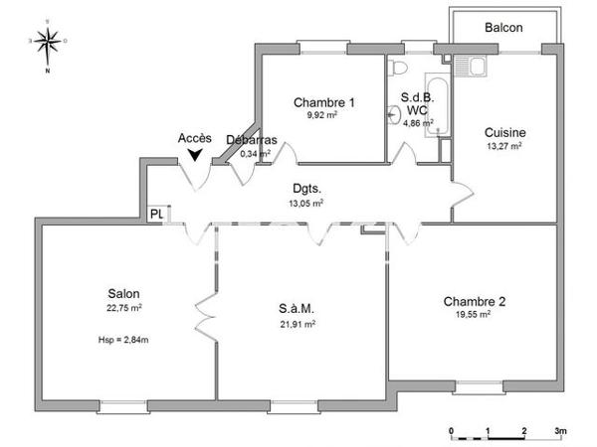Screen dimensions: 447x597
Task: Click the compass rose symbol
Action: (x=47, y=42)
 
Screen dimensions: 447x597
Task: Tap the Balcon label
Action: (x=503, y=28)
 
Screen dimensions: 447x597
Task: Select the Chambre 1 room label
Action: (x=323, y=102)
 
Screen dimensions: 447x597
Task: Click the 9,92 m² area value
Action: (x=323, y=115)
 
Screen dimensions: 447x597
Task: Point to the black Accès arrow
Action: (x=194, y=154)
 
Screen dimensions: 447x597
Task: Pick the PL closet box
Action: (x=157, y=214)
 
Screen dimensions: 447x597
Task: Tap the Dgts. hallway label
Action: (x=306, y=189)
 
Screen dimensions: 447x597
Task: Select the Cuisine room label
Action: (x=504, y=132)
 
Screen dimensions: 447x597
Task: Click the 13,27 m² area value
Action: (x=504, y=145)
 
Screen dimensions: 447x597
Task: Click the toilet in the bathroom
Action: (x=399, y=68)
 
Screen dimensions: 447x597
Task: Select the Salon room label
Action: (x=124, y=293)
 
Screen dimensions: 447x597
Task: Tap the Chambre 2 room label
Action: (x=475, y=302)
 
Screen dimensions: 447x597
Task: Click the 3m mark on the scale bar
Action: (x=559, y=431)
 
